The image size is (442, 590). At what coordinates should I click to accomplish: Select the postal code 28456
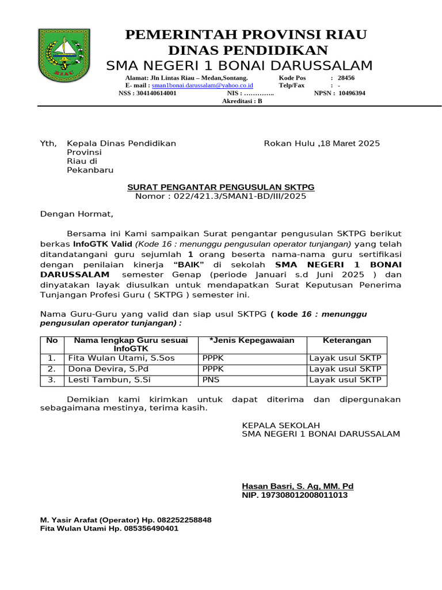346,77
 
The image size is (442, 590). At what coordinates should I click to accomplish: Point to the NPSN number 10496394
352,93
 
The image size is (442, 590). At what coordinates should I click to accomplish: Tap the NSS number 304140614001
155,93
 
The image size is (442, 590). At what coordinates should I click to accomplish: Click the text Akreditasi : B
242,101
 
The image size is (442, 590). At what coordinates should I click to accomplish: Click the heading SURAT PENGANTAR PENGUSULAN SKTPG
220,187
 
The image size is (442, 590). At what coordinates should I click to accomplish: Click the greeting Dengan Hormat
77,214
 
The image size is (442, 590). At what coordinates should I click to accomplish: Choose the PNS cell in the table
208,380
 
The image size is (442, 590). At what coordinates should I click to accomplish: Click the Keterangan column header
346,341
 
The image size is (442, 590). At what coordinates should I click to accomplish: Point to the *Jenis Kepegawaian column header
252,341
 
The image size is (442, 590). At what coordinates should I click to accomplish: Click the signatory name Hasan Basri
298,486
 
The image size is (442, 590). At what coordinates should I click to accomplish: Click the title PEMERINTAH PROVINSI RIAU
246,35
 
